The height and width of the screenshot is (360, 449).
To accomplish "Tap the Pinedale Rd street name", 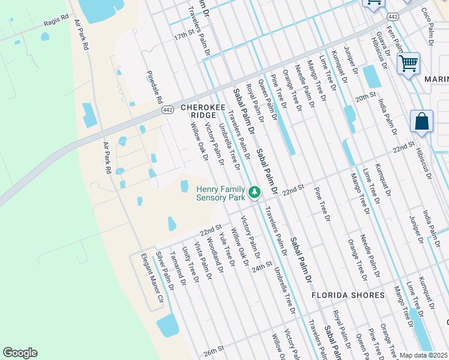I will tap(155, 85).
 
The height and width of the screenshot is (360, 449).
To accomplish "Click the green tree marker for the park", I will tap(255, 193).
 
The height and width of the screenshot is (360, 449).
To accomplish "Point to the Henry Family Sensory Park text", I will tap(221, 193).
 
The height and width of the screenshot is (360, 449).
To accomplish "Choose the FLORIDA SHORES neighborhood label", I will tap(348, 295).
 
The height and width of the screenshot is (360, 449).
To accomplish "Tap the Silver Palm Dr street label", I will tap(165, 271).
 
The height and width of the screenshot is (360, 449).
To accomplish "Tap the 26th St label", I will tap(213, 348).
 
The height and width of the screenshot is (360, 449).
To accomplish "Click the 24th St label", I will tap(262, 266).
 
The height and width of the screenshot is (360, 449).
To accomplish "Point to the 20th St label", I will tap(364, 96).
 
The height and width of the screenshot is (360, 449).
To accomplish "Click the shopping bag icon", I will tap(421, 122).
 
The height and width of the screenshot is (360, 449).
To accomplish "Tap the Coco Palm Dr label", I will tap(427, 27).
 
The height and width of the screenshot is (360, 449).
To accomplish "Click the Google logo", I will tap(20, 353).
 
